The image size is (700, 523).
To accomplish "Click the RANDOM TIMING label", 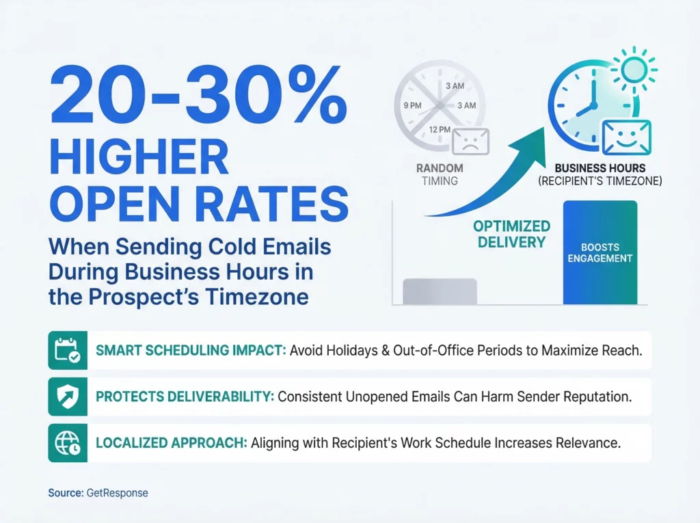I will tap(440, 174).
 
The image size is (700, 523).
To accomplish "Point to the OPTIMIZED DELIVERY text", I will tap(511, 233).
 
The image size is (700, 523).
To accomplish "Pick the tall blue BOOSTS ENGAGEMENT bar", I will tap(600, 253).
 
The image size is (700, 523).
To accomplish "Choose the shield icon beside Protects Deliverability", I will tap(68, 397).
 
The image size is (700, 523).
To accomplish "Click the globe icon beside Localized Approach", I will tap(68, 443).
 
